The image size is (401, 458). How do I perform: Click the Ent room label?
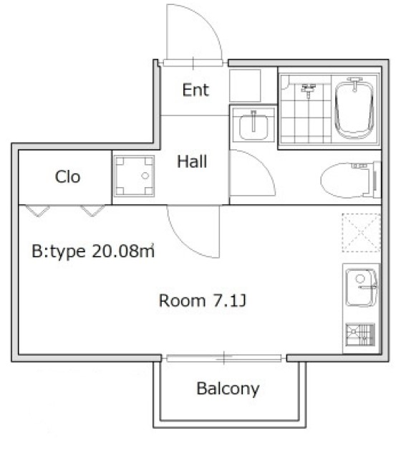click(195, 90)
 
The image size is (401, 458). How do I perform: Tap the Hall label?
click(192, 161)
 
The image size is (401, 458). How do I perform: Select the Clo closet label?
click(67, 177)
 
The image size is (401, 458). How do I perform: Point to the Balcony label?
click(228, 389)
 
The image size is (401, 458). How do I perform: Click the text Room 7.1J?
click(203, 300)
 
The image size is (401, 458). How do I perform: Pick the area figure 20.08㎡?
click(123, 251)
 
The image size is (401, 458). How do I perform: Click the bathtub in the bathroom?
click(354, 109)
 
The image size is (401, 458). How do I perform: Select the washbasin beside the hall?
click(253, 125)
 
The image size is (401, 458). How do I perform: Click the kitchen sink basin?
click(362, 287)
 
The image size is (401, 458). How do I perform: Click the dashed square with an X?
click(362, 232)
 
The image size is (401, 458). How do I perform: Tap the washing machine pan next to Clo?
click(134, 176)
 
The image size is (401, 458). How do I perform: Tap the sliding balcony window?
click(224, 358)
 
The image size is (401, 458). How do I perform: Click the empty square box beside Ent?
click(245, 85)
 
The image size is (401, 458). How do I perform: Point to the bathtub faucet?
click(354, 84)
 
